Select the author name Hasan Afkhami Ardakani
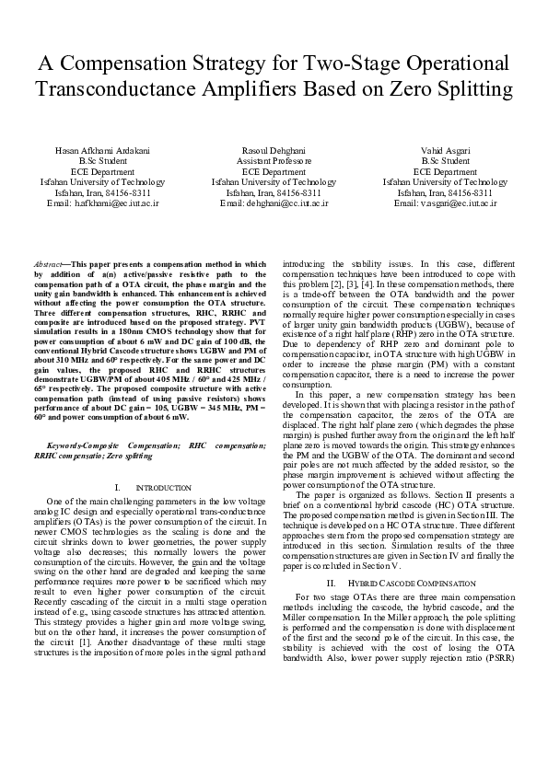pyautogui.click(x=102, y=150)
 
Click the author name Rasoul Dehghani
pyautogui.click(x=274, y=150)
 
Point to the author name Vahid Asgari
pyautogui.click(x=445, y=150)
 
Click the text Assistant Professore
pyautogui.click(x=274, y=161)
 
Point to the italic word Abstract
pyautogui.click(x=47, y=264)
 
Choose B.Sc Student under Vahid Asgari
pyautogui.click(x=445, y=161)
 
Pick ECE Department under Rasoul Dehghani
pyautogui.click(x=274, y=171)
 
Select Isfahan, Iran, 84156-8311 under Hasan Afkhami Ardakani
pyautogui.click(x=102, y=192)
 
